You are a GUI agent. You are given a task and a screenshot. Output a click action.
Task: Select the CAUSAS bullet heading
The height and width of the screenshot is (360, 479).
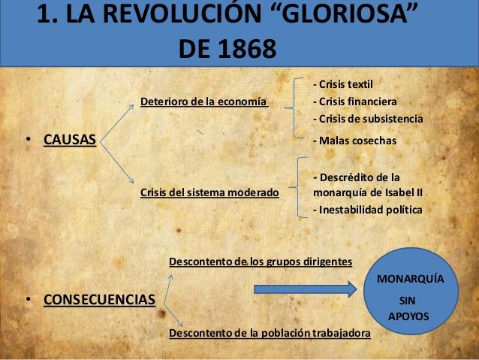(70, 139)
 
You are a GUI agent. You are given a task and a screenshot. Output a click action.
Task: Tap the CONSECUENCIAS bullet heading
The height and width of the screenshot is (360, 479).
(100, 300)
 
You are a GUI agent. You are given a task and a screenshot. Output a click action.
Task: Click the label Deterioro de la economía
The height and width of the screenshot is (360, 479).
(204, 101)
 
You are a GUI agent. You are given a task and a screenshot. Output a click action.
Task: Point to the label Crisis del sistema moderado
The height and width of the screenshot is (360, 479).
(209, 192)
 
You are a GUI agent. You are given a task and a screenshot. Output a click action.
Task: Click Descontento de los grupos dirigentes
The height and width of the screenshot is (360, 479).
(261, 262)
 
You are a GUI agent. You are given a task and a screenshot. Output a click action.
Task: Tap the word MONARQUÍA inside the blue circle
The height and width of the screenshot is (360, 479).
(410, 278)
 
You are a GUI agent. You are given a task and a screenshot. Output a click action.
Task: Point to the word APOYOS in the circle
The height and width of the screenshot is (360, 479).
(408, 316)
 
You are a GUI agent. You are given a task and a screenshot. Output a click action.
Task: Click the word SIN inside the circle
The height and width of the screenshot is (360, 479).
(409, 299)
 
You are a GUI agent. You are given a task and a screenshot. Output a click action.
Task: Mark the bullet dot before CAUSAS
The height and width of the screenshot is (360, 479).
(28, 140)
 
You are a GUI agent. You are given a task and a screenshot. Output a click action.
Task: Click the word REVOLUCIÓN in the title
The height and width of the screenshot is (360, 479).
(185, 16)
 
